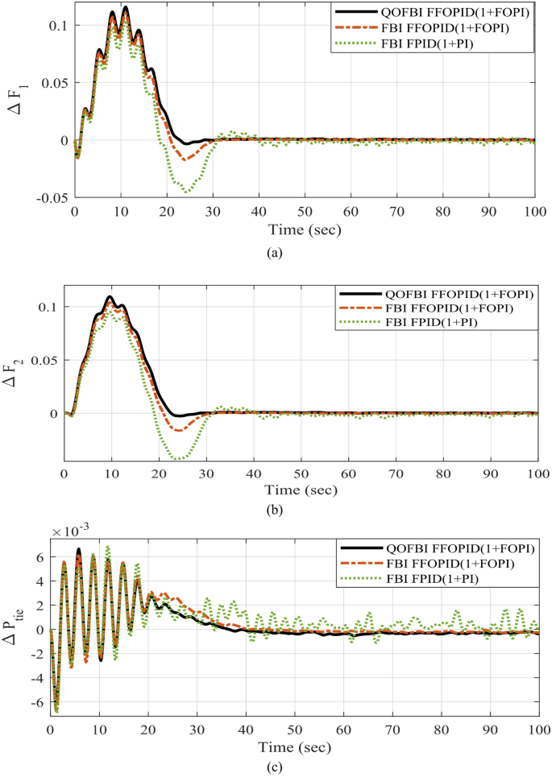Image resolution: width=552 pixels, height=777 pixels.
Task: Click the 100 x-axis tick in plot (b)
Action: tap(537, 472)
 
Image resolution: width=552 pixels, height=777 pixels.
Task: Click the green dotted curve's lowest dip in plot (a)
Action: tap(186, 192)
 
